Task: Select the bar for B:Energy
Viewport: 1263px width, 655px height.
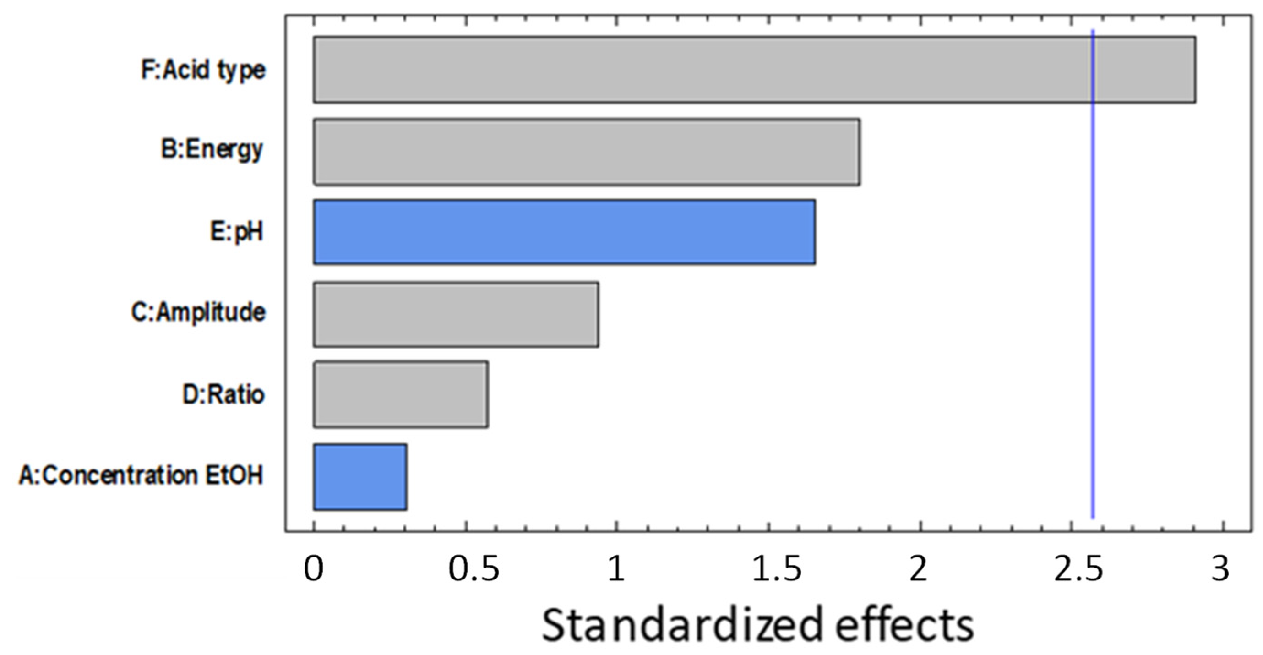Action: (586, 152)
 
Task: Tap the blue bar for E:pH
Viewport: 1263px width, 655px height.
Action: (564, 232)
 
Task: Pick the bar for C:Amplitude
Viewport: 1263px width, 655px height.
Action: (456, 314)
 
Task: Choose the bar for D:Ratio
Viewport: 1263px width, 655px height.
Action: (401, 395)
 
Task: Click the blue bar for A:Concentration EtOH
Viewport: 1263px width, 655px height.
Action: (360, 476)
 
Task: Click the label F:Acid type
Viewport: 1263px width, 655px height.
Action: (203, 70)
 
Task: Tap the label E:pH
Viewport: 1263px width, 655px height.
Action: (237, 231)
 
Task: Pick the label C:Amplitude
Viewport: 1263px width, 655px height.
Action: (199, 312)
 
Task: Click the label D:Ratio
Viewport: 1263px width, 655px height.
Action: (223, 394)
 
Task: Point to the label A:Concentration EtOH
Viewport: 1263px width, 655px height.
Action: (141, 475)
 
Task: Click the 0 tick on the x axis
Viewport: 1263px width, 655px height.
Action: (314, 569)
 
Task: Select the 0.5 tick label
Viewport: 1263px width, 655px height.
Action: (474, 569)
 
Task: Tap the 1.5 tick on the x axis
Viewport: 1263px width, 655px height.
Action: (776, 569)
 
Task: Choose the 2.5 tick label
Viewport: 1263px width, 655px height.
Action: (1078, 569)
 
